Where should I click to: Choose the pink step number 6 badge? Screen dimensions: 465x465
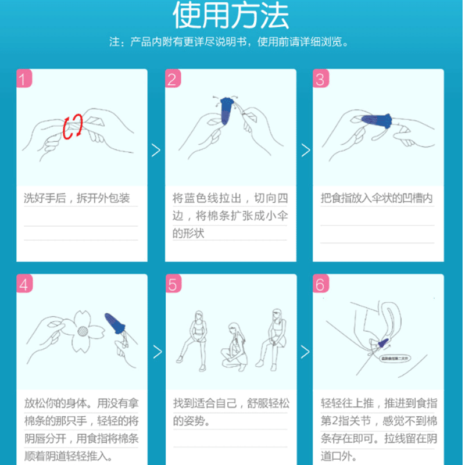[x=320, y=284]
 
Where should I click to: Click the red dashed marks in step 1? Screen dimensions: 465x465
[x=73, y=126]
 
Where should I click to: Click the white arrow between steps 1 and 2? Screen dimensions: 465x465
[x=156, y=150]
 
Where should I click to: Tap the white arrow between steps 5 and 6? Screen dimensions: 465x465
[x=305, y=352]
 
